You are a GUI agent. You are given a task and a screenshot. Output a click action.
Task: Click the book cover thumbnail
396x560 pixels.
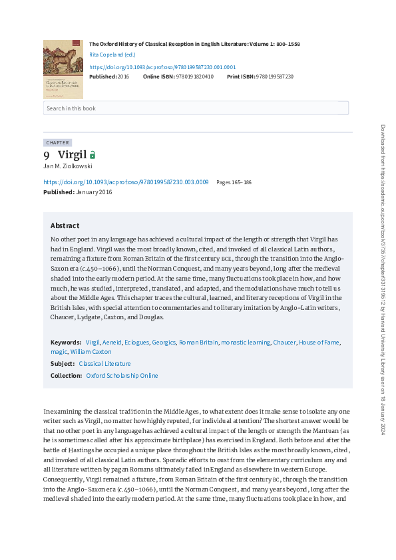63,69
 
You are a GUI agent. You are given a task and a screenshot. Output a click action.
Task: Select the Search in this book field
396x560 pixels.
196,108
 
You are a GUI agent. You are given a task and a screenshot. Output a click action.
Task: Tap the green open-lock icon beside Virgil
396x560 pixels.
93,155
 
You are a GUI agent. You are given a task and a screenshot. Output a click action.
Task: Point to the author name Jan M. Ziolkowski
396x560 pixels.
68,166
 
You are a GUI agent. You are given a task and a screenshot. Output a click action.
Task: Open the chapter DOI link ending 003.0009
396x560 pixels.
126,182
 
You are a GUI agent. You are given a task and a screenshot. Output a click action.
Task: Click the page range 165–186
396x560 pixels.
234,182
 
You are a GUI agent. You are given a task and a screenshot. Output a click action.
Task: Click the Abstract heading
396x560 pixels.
65,225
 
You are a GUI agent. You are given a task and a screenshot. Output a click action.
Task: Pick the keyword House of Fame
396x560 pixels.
319,342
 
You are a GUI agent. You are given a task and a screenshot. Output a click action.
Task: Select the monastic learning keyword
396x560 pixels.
245,342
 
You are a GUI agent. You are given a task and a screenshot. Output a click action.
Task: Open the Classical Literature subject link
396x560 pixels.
104,364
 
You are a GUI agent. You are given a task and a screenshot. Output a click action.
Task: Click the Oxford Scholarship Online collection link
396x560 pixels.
122,376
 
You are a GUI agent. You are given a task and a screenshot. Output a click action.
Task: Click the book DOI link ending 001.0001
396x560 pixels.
162,67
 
